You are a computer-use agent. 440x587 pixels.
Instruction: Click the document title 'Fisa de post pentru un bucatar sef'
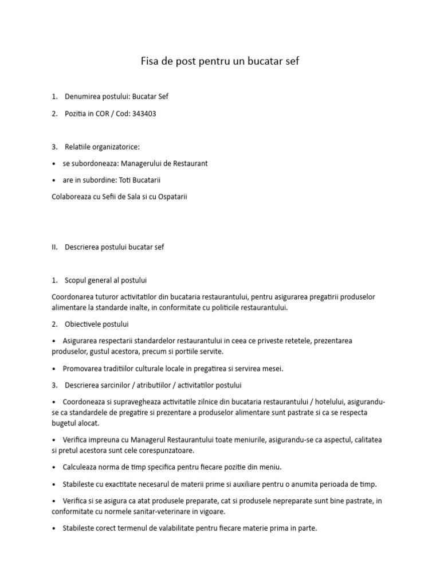click(x=220, y=61)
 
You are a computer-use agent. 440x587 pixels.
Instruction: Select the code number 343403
click(x=144, y=114)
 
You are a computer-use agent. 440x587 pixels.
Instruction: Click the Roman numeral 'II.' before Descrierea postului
click(x=55, y=247)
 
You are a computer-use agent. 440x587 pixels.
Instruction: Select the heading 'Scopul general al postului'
click(x=106, y=280)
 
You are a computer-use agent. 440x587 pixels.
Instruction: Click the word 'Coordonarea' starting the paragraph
click(x=73, y=297)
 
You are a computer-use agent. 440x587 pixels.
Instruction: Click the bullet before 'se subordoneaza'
click(x=53, y=164)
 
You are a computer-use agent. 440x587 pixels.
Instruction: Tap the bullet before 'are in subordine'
click(x=53, y=181)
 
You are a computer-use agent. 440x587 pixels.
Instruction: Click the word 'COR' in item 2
click(x=104, y=114)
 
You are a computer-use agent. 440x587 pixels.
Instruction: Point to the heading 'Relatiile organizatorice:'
click(x=102, y=147)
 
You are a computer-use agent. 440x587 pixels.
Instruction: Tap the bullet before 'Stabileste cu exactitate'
click(x=53, y=484)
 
